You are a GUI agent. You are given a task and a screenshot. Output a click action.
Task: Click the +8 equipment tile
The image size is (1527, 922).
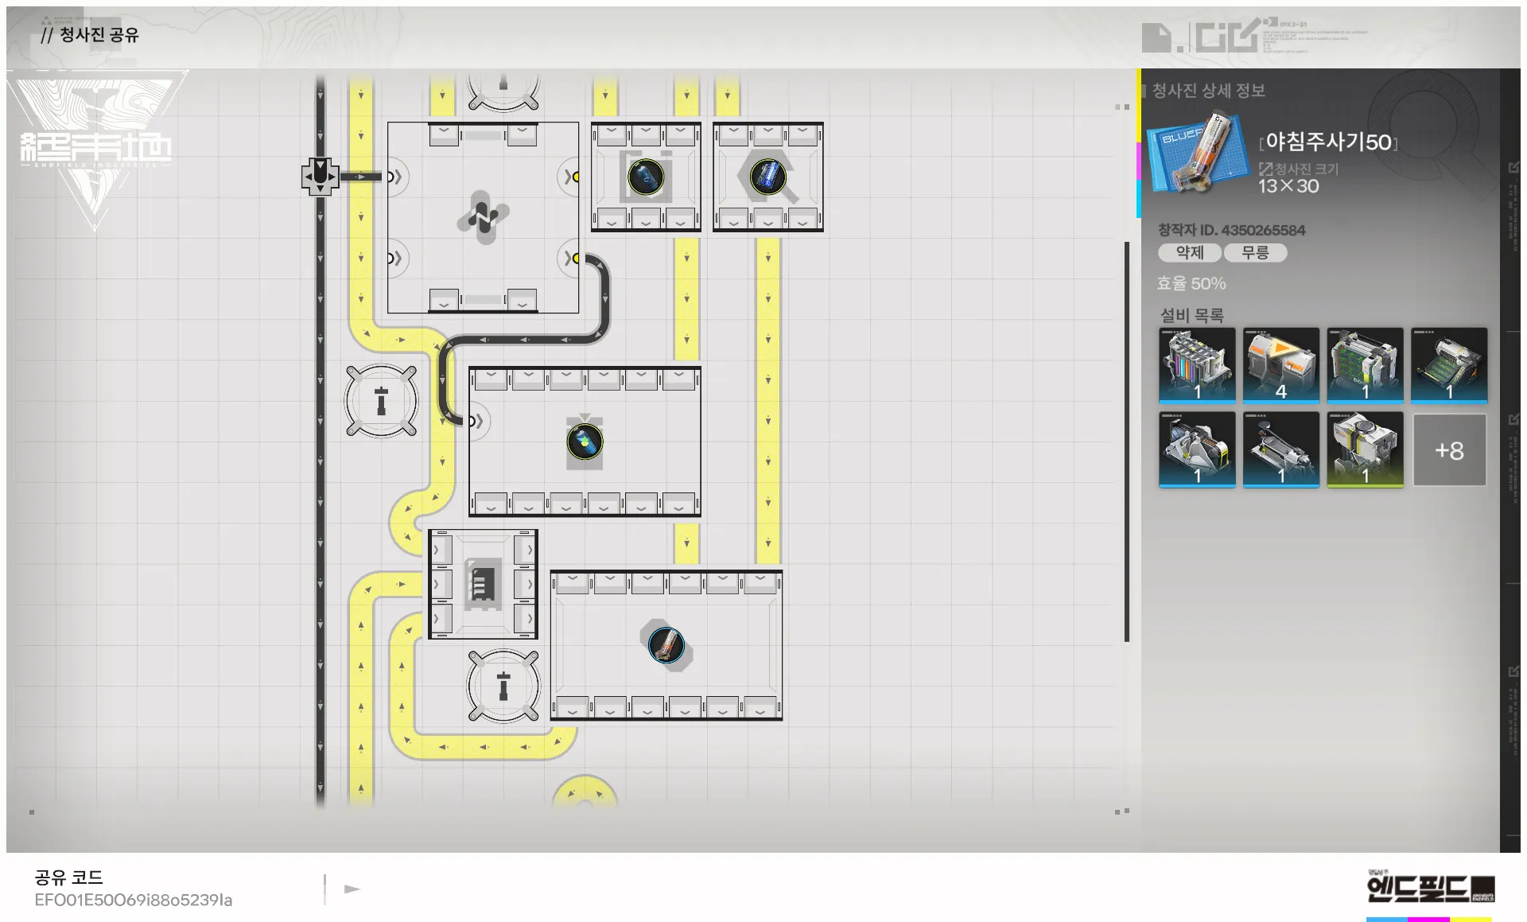pos(1448,450)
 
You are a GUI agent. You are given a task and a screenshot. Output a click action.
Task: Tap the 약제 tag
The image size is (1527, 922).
pos(1189,253)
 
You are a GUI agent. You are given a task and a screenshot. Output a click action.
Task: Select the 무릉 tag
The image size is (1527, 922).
pos(1255,253)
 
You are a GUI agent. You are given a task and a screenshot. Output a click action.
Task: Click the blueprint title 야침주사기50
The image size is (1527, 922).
pos(1328,142)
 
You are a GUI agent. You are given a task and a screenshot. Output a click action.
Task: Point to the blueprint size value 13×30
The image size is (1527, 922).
pos(1288,186)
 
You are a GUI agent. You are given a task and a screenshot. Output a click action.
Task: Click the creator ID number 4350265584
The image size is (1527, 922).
pos(1263,230)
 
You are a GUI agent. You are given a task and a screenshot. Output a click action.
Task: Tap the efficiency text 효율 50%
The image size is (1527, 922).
pos(1191,283)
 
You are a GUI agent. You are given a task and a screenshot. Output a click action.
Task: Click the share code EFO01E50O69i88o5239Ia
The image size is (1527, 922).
pos(134,900)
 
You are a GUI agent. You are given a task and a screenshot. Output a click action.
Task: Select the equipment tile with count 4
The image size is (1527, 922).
pos(1280,365)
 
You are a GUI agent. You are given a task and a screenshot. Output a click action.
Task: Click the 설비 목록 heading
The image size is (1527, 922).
pos(1191,315)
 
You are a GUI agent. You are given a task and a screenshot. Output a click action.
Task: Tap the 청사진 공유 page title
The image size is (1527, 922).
pos(99,35)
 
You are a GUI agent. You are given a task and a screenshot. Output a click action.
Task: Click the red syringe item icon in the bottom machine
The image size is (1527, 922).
pos(666,644)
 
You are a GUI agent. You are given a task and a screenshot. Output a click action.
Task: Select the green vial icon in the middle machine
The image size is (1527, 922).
pos(585,442)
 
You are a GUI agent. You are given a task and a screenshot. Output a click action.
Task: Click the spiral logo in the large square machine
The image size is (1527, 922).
pos(483,216)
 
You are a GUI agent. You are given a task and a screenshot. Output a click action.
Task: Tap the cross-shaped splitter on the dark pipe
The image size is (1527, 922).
pos(320,176)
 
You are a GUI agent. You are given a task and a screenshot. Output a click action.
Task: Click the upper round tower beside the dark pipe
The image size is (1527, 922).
pos(382,401)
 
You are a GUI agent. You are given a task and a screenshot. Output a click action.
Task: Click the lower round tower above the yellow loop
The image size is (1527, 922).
pos(503,686)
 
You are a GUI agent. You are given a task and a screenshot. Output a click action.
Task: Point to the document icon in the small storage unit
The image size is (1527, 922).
pos(482,585)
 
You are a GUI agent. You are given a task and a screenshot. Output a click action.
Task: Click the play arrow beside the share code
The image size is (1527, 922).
pos(352,889)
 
